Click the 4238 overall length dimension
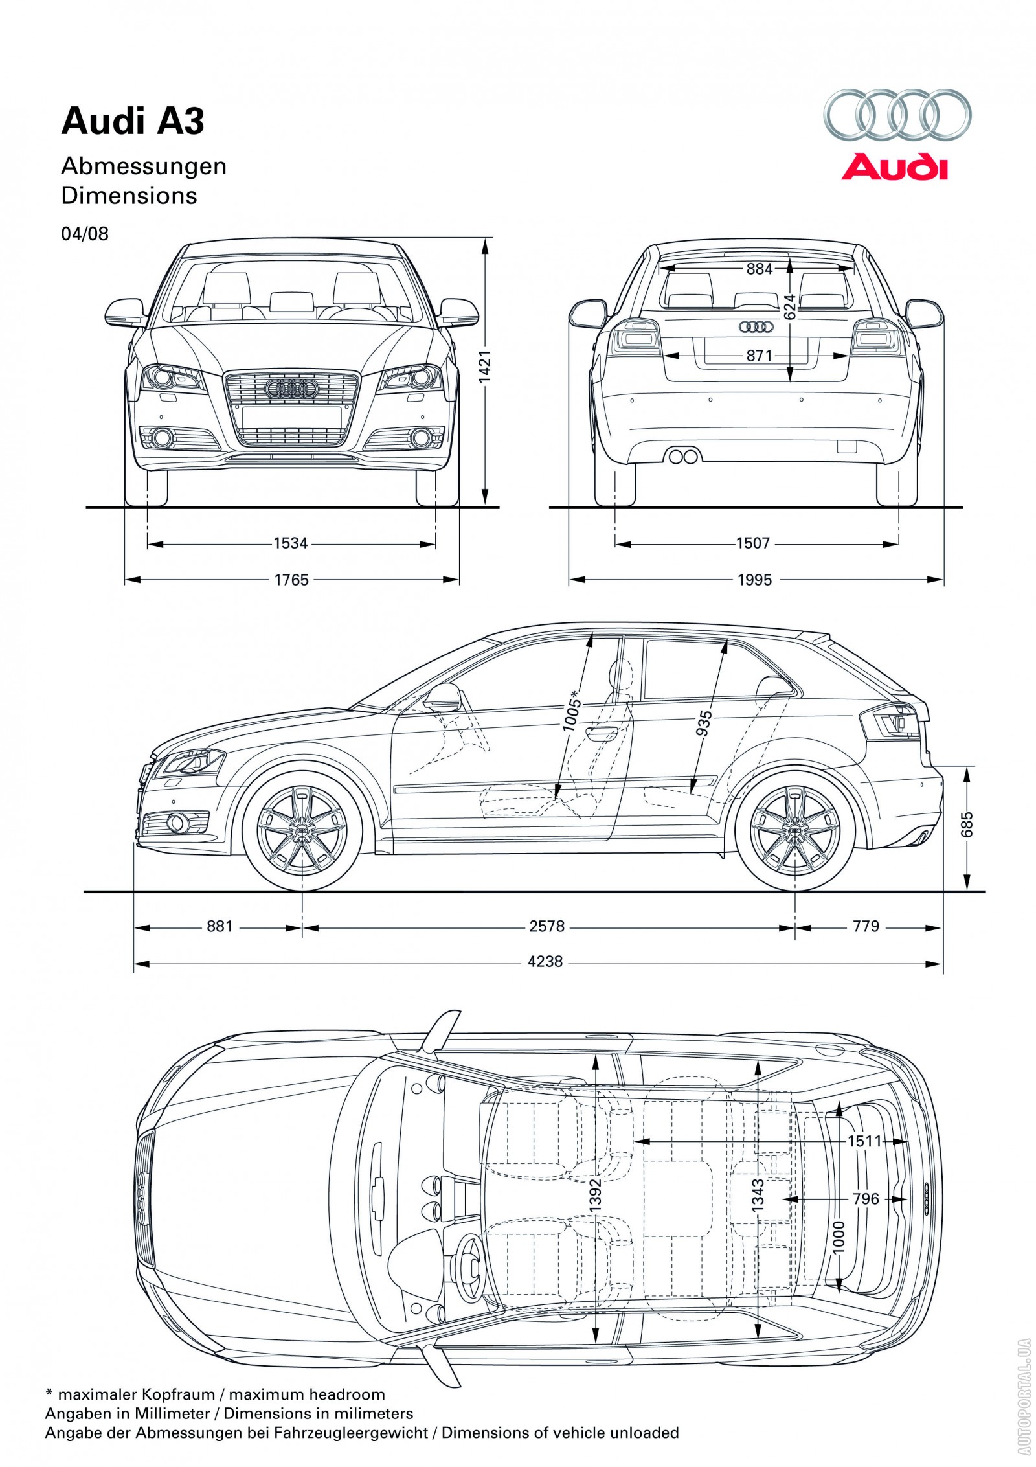pyautogui.click(x=545, y=962)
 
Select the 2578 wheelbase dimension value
pyautogui.click(x=547, y=926)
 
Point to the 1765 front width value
pyautogui.click(x=291, y=580)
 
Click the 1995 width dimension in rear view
pyautogui.click(x=755, y=580)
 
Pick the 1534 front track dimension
pyautogui.click(x=290, y=543)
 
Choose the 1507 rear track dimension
pyautogui.click(x=753, y=543)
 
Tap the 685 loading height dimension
pyautogui.click(x=967, y=824)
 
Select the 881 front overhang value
pyautogui.click(x=220, y=926)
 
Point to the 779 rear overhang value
pyautogui.click(x=866, y=926)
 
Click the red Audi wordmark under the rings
pyautogui.click(x=894, y=167)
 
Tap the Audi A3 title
pyautogui.click(x=133, y=121)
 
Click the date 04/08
pyautogui.click(x=85, y=234)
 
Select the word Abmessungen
pyautogui.click(x=144, y=166)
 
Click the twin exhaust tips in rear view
pyautogui.click(x=683, y=457)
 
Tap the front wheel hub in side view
pyautogui.click(x=302, y=831)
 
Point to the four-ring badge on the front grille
pyautogui.click(x=290, y=389)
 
